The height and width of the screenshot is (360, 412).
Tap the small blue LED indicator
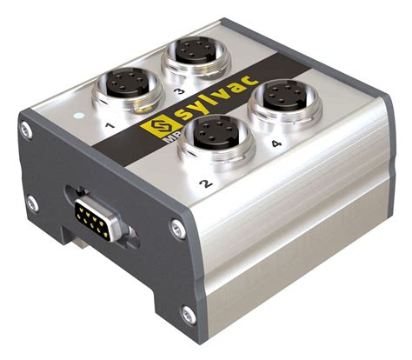[x=79, y=114]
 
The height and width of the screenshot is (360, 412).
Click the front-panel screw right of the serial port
[x=178, y=230]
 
